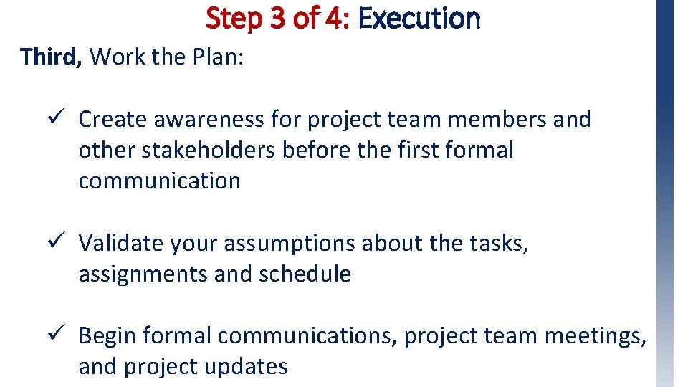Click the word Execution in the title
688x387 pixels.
[x=419, y=18]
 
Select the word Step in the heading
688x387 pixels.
[x=235, y=18]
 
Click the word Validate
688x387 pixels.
[x=121, y=244]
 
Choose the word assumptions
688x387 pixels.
[x=290, y=244]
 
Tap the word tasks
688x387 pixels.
[x=499, y=244]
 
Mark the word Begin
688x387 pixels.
[x=108, y=335]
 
